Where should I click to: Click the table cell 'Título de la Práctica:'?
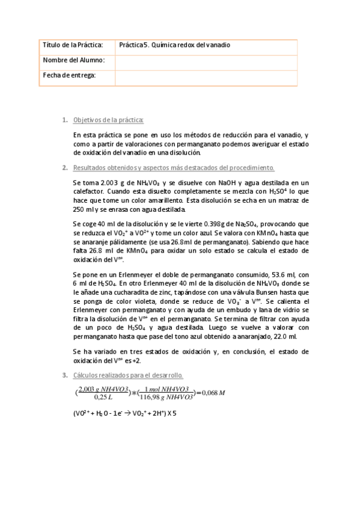73,45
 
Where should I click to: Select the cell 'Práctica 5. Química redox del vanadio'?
174,45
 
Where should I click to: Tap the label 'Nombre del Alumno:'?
74,60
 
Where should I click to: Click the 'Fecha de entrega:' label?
70,75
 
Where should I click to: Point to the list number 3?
65,376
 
